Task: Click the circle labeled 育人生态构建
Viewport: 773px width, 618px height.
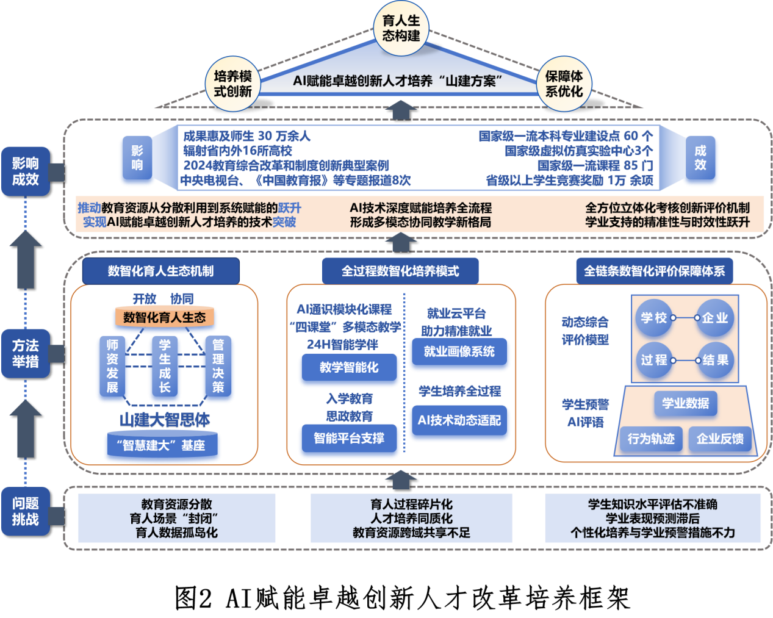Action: (x=401, y=28)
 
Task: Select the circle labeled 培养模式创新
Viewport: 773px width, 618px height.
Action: (x=232, y=84)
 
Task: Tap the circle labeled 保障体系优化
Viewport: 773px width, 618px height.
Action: (x=564, y=84)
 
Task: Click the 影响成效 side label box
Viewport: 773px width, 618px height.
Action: (x=25, y=171)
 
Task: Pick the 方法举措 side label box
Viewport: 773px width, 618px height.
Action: (x=25, y=353)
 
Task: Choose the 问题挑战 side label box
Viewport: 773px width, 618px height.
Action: (x=25, y=511)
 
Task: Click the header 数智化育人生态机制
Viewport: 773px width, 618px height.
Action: (x=160, y=271)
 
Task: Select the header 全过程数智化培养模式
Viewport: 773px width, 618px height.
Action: (x=400, y=271)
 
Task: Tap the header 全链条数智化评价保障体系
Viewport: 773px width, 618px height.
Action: (x=654, y=271)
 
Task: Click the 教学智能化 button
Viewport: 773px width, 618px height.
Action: (x=349, y=368)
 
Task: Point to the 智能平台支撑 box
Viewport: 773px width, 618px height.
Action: (x=349, y=439)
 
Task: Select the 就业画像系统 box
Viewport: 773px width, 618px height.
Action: (x=459, y=352)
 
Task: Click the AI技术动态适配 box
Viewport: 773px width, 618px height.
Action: (x=459, y=421)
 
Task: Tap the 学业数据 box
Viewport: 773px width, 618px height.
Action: (x=686, y=403)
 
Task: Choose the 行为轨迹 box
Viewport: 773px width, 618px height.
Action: (x=651, y=439)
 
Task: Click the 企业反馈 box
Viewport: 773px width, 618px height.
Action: (x=720, y=439)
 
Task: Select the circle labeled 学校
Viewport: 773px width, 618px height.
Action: (x=654, y=318)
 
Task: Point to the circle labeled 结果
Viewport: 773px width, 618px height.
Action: (x=715, y=360)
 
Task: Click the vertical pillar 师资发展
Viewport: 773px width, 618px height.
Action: (x=112, y=369)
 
